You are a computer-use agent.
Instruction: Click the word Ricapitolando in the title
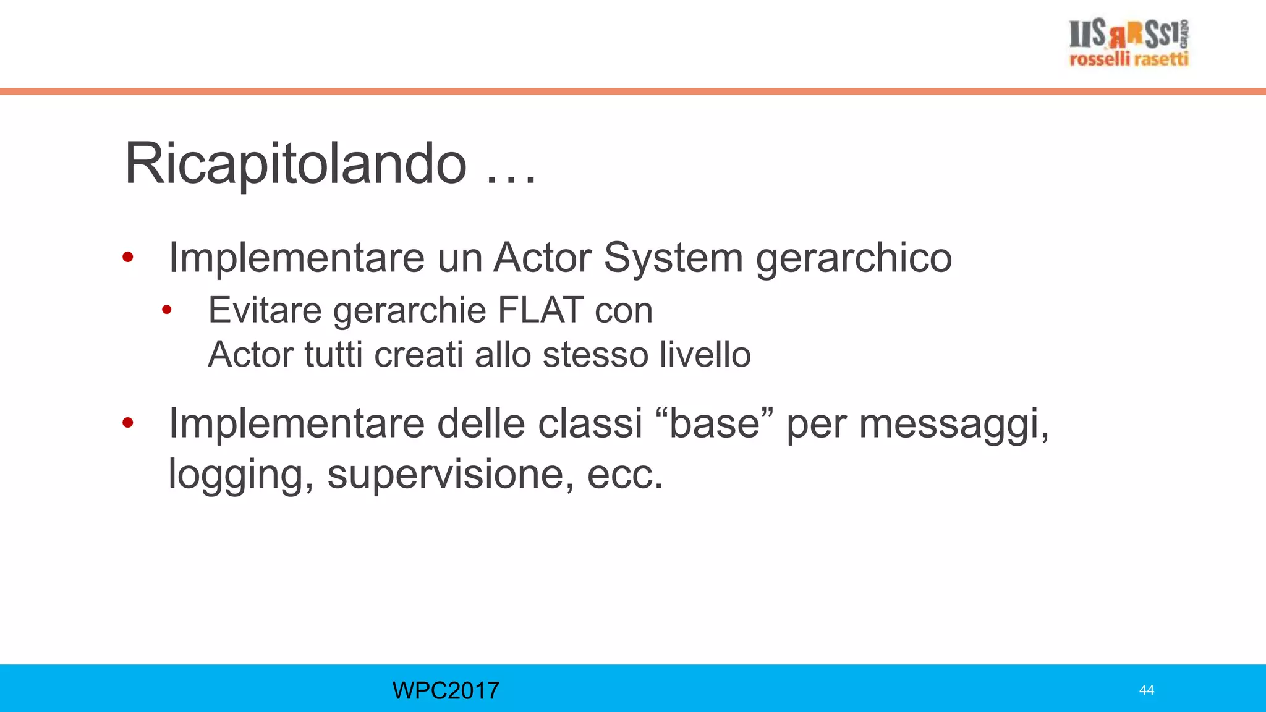pyautogui.click(x=295, y=164)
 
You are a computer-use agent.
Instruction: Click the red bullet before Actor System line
pyautogui.click(x=128, y=257)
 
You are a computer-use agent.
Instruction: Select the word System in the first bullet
pyautogui.click(x=673, y=257)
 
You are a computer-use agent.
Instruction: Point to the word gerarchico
pyautogui.click(x=854, y=258)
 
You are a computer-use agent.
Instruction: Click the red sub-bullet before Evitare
pyautogui.click(x=166, y=310)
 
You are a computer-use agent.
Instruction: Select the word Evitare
pyautogui.click(x=265, y=310)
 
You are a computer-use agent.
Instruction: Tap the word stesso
pyautogui.click(x=594, y=355)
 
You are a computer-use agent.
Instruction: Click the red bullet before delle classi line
pyautogui.click(x=128, y=423)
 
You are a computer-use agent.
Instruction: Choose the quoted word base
pyautogui.click(x=714, y=424)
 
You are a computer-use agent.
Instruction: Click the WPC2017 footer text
pyautogui.click(x=446, y=690)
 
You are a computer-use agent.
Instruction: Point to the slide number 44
pyautogui.click(x=1146, y=690)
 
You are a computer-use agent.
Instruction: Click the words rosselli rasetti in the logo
pyautogui.click(x=1129, y=59)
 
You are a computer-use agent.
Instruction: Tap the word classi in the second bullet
pyautogui.click(x=590, y=424)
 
